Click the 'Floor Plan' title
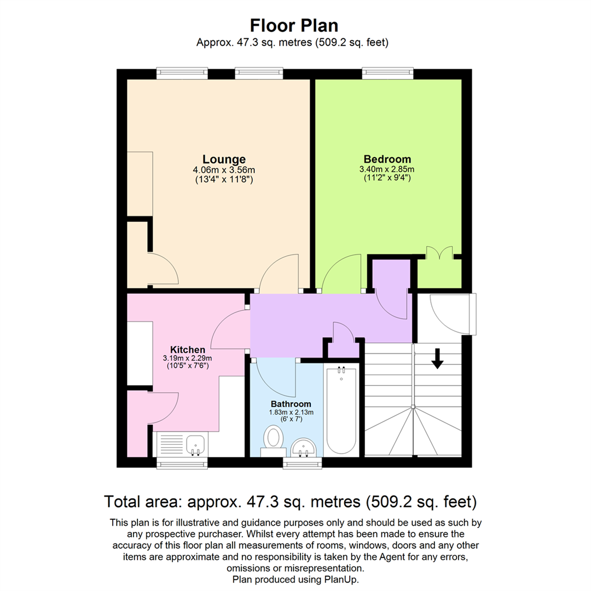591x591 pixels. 294,25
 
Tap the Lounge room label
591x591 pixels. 224,159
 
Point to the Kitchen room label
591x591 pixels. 188,349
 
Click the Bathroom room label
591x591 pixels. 287,404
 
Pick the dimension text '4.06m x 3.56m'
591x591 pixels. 224,170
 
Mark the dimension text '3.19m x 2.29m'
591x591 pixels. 188,358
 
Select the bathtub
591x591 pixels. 341,410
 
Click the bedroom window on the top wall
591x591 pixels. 387,73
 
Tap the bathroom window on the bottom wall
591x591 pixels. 303,463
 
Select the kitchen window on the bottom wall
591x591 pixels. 182,463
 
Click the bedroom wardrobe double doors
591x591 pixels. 439,252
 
